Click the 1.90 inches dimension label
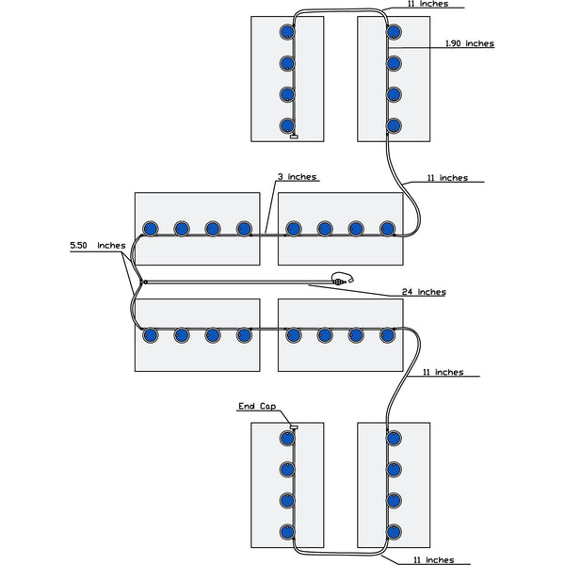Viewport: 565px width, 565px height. pos(468,44)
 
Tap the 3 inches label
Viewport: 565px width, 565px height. pos(297,177)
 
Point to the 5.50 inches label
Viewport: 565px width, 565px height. pos(97,245)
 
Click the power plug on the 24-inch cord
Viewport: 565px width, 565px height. pos(341,279)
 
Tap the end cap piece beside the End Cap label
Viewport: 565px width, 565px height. pos(293,427)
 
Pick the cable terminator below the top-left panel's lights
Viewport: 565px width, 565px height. pos(294,137)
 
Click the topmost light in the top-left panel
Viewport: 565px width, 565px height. pos(287,33)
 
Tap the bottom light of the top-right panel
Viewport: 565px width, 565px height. pos(395,124)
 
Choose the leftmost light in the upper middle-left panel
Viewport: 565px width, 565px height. pos(149,228)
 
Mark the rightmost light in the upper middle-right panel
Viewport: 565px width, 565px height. pos(387,228)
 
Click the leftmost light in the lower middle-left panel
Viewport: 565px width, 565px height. pos(149,333)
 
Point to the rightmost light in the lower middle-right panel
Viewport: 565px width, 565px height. pos(387,333)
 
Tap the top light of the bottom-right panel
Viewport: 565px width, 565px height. pos(395,438)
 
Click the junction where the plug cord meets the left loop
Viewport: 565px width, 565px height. pos(141,282)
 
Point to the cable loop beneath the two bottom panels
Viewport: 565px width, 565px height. pos(341,552)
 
